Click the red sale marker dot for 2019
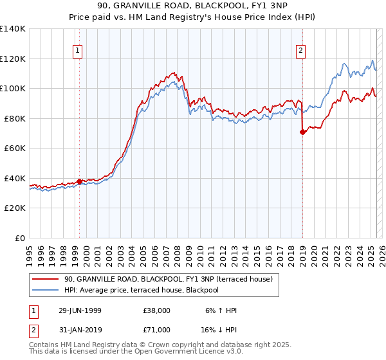pyautogui.click(x=302, y=132)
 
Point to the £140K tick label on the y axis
pyautogui.click(x=12, y=29)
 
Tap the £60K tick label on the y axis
pyautogui.click(x=14, y=148)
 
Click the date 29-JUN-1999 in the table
pyautogui.click(x=78, y=310)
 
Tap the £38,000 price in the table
pyautogui.click(x=157, y=310)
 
